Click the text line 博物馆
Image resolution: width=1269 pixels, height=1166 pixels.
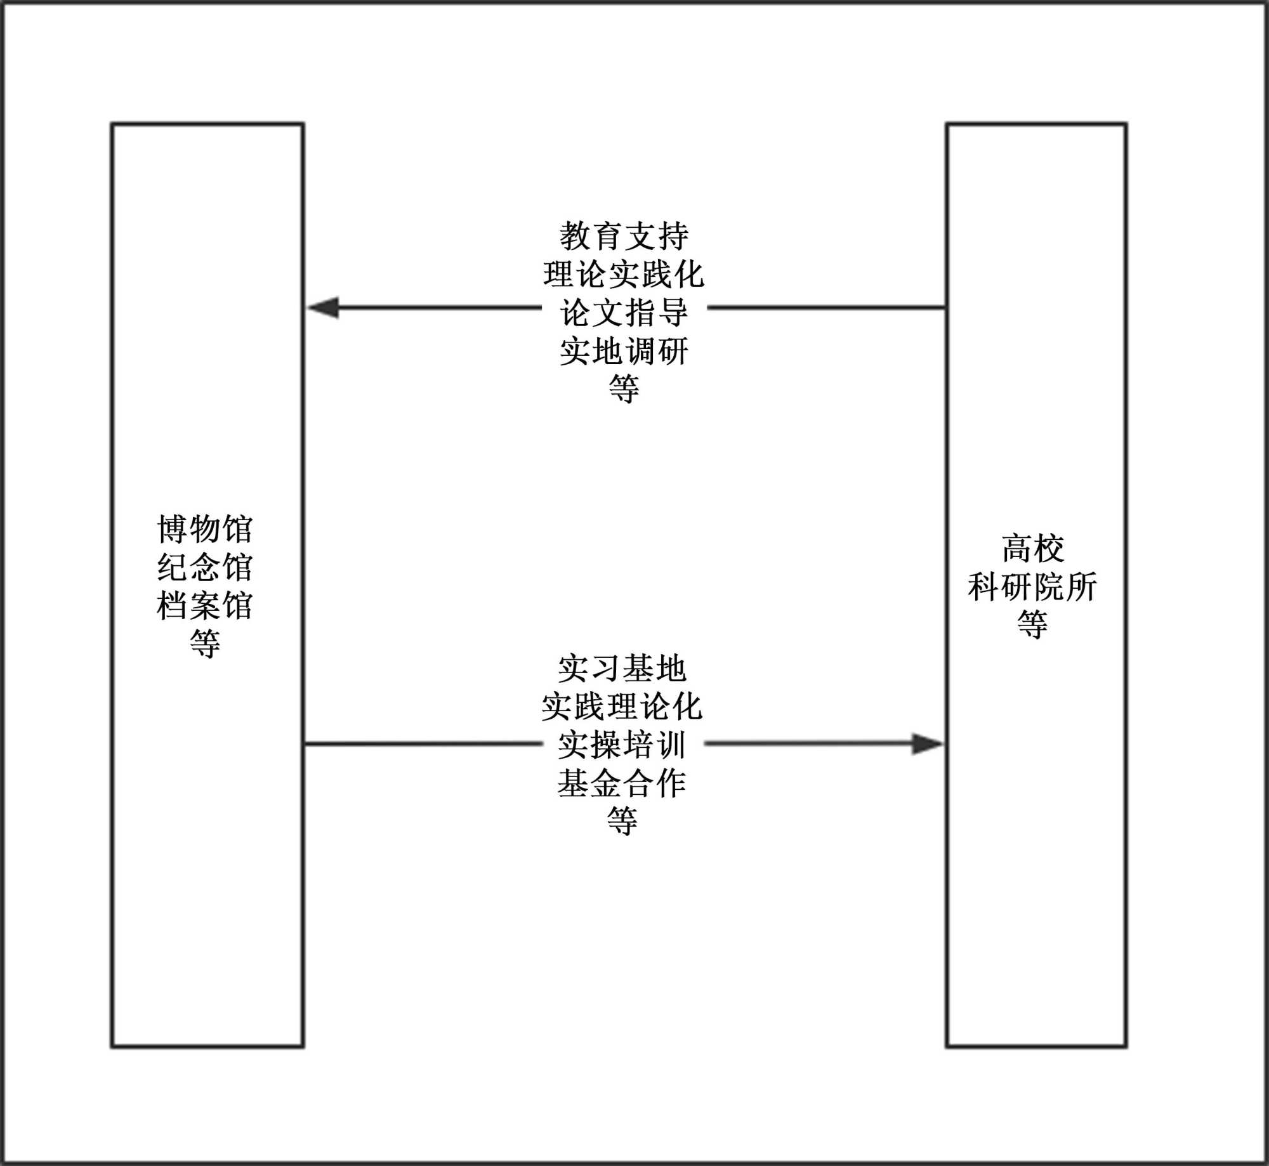(205, 529)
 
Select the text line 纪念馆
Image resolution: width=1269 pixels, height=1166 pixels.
(205, 567)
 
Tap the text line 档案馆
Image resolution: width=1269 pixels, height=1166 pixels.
(205, 605)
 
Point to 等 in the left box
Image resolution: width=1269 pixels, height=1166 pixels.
(205, 644)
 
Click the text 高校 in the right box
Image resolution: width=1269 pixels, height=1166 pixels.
(1033, 548)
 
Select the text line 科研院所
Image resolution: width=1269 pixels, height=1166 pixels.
(1032, 586)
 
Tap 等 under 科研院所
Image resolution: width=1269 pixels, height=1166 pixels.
(1032, 624)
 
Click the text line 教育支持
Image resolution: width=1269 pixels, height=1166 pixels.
(624, 236)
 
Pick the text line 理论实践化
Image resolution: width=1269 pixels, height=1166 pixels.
(624, 274)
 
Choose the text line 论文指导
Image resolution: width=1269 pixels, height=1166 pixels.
(624, 312)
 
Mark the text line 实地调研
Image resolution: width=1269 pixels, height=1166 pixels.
(624, 351)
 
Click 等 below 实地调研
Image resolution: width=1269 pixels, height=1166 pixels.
(624, 388)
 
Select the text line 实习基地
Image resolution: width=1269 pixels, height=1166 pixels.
(622, 668)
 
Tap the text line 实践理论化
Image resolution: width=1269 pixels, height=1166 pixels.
(622, 706)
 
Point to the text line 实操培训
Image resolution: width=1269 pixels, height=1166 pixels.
(622, 744)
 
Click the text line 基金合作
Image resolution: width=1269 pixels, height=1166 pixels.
(622, 783)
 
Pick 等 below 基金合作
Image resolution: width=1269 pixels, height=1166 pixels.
(622, 821)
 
